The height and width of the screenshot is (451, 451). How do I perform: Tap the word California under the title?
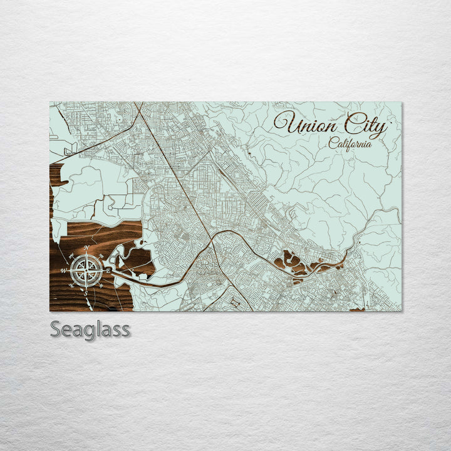point(350,143)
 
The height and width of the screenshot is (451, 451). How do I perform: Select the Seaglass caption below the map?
point(90,329)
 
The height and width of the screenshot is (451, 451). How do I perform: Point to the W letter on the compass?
point(64,270)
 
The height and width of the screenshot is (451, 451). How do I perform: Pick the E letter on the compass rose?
point(108,270)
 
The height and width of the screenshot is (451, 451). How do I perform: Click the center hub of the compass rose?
point(86,270)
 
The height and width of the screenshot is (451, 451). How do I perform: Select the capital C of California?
point(333,143)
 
